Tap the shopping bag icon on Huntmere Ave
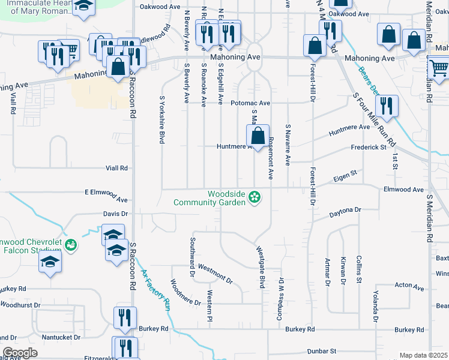pyautogui.click(x=258, y=136)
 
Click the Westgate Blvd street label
pyautogui.click(x=261, y=267)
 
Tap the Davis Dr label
pyautogui.click(x=116, y=214)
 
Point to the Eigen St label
pyautogui.click(x=345, y=175)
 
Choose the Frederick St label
pyautogui.click(x=369, y=147)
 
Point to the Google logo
pyautogui.click(x=19, y=353)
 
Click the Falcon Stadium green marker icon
pyautogui.click(x=71, y=245)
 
